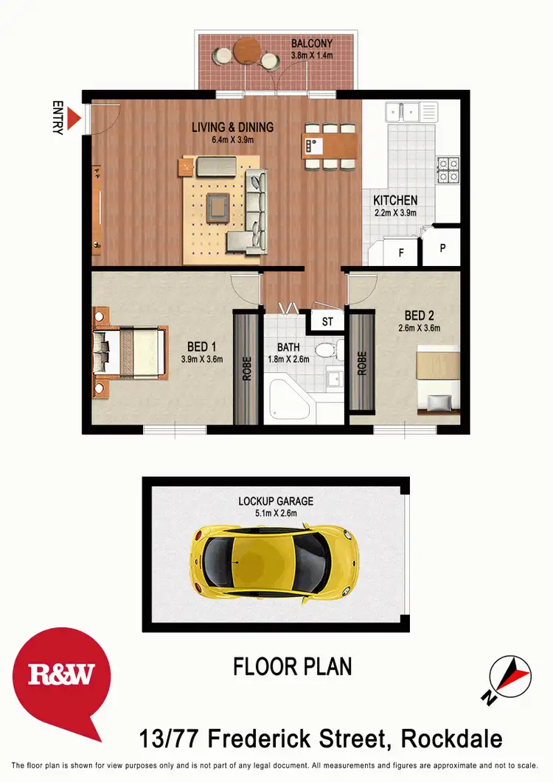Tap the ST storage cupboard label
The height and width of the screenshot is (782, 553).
(x=327, y=321)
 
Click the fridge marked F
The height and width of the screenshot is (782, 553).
(x=401, y=251)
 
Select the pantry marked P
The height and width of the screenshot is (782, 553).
(x=443, y=248)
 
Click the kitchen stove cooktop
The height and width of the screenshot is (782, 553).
(x=448, y=170)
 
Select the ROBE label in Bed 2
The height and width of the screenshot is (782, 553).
(x=362, y=363)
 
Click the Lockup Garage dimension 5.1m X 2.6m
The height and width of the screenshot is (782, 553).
(x=275, y=514)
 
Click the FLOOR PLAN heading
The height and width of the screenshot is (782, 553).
(x=292, y=666)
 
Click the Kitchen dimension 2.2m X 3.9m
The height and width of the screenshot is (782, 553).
(x=395, y=213)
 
